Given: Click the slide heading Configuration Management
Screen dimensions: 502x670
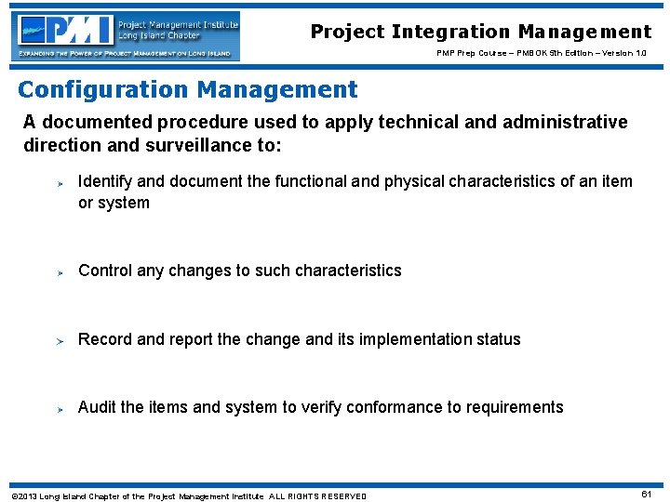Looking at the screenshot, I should pyautogui.click(x=188, y=90).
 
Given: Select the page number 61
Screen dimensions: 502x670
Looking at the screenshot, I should pyautogui.click(x=646, y=494).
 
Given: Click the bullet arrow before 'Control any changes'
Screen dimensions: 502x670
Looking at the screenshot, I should pyautogui.click(x=57, y=272).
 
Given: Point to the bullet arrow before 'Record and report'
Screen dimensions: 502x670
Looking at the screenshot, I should pyautogui.click(x=57, y=340).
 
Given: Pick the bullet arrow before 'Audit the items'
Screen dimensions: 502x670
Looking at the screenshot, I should pyautogui.click(x=57, y=408).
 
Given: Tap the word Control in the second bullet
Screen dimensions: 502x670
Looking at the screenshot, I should pyautogui.click(x=105, y=271).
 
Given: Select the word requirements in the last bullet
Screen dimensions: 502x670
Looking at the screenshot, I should pyautogui.click(x=516, y=407).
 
